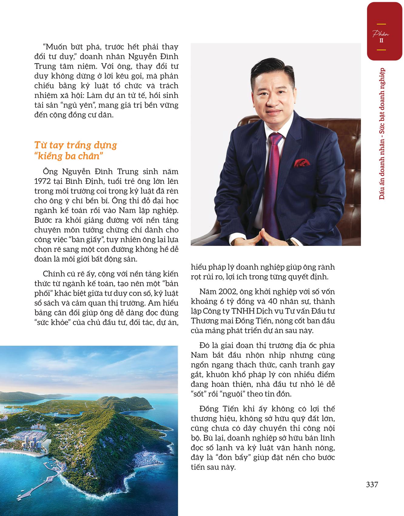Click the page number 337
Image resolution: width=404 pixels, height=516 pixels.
[372, 484]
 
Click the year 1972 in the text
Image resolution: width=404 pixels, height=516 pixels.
[43, 181]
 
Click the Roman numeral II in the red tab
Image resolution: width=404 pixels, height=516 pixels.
[381, 40]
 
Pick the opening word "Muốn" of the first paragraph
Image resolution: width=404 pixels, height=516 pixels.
[56, 47]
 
